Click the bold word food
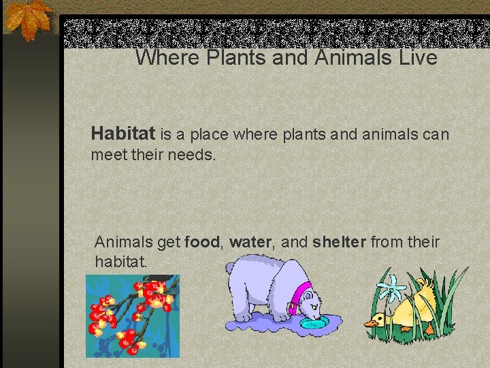point(202,242)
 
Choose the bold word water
point(250,242)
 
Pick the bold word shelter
point(340,242)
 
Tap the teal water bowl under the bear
point(314,322)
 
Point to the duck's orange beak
point(373,321)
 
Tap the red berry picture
point(132,316)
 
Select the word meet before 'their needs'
point(107,155)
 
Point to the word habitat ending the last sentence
point(120,262)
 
